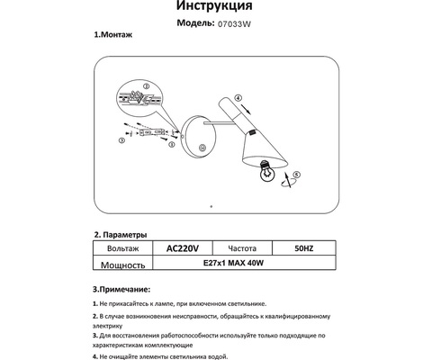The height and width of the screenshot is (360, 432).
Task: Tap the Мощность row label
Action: coord(121,265)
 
